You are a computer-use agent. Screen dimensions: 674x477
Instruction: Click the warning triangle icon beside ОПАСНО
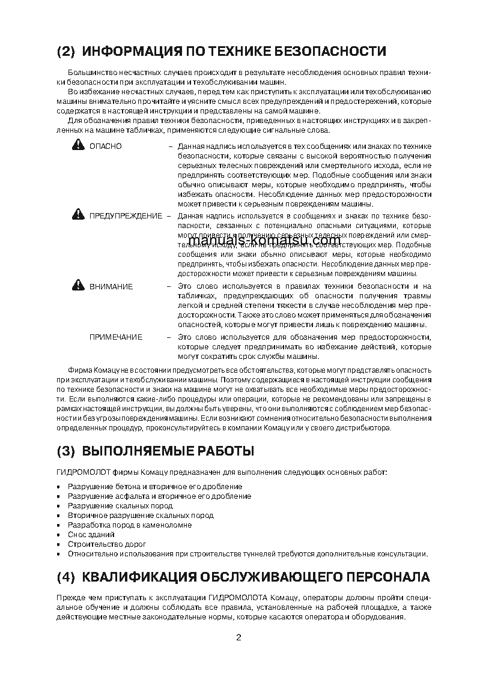point(78,145)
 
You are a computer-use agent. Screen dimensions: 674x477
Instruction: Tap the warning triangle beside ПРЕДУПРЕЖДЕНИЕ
point(78,214)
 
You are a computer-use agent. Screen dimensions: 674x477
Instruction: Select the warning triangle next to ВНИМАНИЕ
point(78,286)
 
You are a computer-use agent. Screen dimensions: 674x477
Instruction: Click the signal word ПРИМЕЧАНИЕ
point(116,337)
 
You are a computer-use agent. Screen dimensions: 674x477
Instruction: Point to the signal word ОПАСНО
point(106,146)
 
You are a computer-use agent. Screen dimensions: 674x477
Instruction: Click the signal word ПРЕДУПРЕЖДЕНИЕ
point(126,215)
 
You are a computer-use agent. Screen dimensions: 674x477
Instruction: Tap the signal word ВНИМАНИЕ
point(111,287)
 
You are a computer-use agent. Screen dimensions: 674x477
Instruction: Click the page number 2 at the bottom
point(239,637)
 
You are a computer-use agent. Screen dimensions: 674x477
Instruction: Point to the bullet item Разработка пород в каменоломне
point(130,525)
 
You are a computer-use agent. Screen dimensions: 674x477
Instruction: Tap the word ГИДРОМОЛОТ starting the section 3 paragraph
point(77,472)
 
